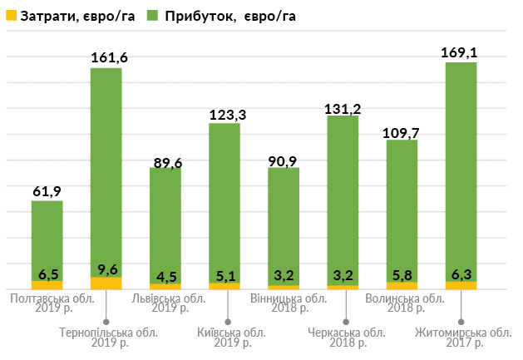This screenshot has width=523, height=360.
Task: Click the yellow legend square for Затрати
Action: (x=9, y=16)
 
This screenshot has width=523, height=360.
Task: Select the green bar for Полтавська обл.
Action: (x=47, y=237)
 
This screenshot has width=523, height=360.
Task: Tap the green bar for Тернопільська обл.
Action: (x=106, y=166)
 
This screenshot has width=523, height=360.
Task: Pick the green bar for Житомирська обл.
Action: (x=461, y=166)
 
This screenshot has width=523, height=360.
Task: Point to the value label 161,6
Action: (x=109, y=57)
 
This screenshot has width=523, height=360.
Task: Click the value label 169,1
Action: (x=461, y=52)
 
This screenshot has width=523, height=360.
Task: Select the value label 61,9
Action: (x=47, y=191)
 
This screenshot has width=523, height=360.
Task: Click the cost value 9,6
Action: (x=106, y=269)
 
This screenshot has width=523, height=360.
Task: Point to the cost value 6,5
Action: (x=47, y=274)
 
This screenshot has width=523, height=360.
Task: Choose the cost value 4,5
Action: (x=165, y=276)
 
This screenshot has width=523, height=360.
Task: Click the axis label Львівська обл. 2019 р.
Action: (x=169, y=303)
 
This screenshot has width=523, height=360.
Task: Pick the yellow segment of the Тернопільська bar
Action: (x=106, y=283)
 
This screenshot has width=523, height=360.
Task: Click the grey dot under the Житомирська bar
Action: (x=462, y=321)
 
